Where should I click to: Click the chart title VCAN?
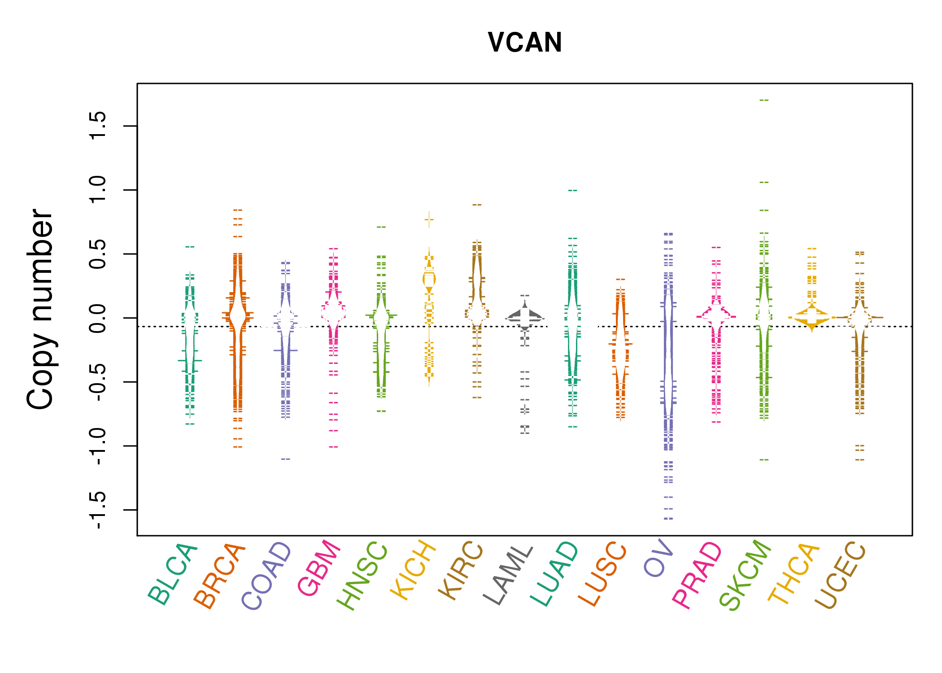(525, 43)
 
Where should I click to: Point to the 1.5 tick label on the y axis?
(98, 126)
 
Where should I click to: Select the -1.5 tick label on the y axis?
(98, 510)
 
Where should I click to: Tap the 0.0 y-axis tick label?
(98, 318)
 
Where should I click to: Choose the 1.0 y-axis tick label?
(98, 190)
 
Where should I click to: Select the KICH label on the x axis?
(413, 570)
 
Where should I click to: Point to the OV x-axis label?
(659, 559)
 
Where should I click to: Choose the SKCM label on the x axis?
(745, 575)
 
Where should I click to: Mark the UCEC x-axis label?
(840, 575)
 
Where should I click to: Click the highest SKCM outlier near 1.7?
(764, 100)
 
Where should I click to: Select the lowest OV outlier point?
(668, 519)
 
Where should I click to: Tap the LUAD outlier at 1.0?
(572, 190)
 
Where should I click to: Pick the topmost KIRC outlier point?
(477, 205)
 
